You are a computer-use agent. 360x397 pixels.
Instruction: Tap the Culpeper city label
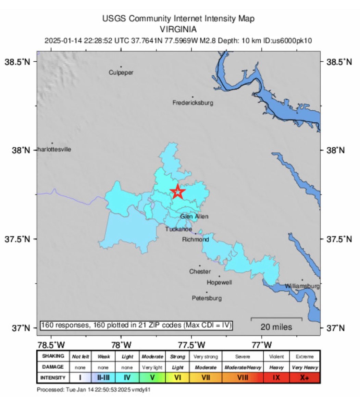121,73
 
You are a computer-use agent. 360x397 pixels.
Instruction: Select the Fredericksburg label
193,102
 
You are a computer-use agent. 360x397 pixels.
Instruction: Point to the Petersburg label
207,298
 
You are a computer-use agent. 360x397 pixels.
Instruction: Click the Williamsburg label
302,286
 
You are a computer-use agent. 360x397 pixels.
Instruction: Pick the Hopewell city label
219,282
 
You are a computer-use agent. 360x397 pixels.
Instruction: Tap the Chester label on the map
200,271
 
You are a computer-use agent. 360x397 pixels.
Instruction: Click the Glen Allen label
194,216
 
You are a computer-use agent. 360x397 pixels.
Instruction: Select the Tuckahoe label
178,229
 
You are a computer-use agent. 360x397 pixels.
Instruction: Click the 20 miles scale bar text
276,327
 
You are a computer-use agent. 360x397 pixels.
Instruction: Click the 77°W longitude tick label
262,344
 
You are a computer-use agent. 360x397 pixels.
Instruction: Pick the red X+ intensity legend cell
305,378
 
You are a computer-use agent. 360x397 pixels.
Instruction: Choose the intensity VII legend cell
206,378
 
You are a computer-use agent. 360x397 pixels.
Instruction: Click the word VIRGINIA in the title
178,29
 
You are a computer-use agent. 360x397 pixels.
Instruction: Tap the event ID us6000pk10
291,41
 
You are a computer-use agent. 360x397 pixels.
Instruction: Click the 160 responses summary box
136,325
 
